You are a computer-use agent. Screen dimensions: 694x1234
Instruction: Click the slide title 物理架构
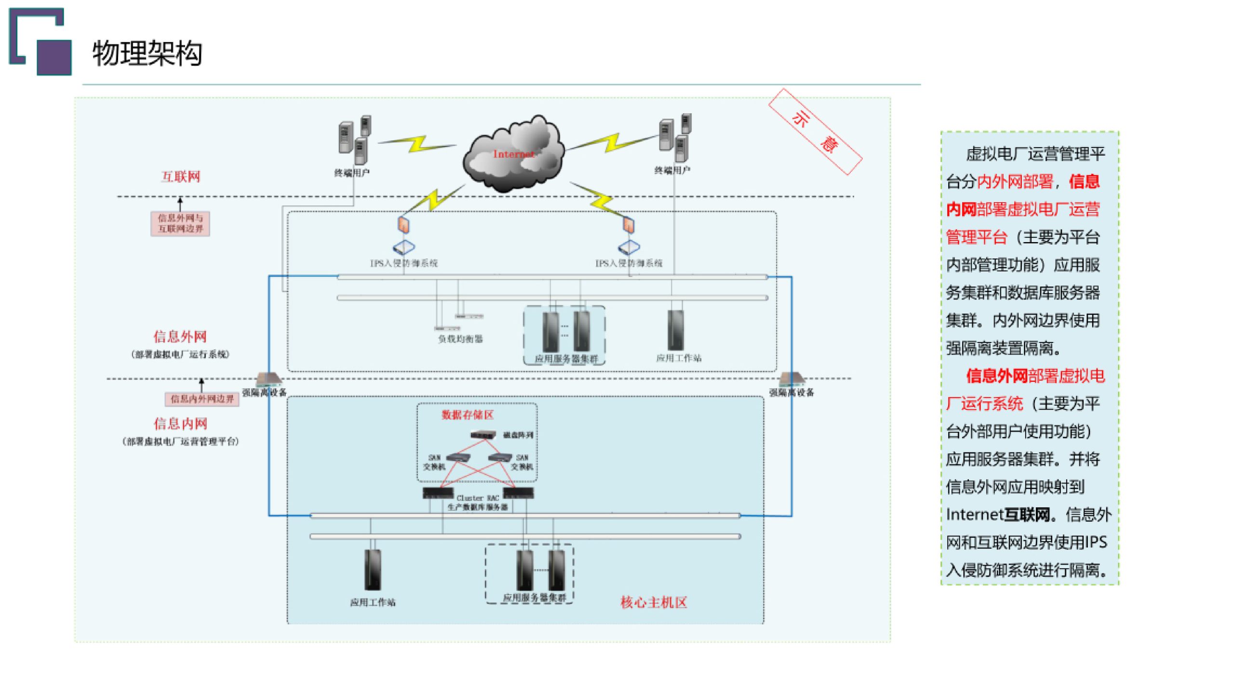[147, 53]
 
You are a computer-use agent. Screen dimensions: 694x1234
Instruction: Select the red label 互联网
[181, 177]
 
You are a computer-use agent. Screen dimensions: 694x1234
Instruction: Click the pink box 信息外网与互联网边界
[180, 223]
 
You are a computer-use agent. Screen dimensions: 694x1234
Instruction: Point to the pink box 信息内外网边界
[202, 399]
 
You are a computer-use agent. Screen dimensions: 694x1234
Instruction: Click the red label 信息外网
[180, 336]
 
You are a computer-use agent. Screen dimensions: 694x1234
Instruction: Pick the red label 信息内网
[180, 423]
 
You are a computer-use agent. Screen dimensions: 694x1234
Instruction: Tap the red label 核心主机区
[654, 602]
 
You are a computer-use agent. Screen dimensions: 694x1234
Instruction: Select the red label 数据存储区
[468, 415]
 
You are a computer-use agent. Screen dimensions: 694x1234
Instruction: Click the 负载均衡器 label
[460, 339]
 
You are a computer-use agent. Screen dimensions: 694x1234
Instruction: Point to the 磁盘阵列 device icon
[483, 435]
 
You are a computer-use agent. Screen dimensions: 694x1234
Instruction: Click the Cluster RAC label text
[477, 498]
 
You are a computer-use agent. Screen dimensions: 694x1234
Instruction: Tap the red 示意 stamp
[815, 131]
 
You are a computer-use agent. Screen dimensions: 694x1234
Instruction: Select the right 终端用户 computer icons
[675, 137]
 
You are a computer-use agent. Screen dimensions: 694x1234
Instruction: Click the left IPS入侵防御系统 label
[403, 263]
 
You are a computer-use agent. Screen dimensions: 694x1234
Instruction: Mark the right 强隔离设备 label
[791, 393]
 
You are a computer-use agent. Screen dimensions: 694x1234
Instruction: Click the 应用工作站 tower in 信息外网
[675, 330]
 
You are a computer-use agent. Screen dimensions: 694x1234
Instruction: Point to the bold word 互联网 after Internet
[1027, 515]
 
